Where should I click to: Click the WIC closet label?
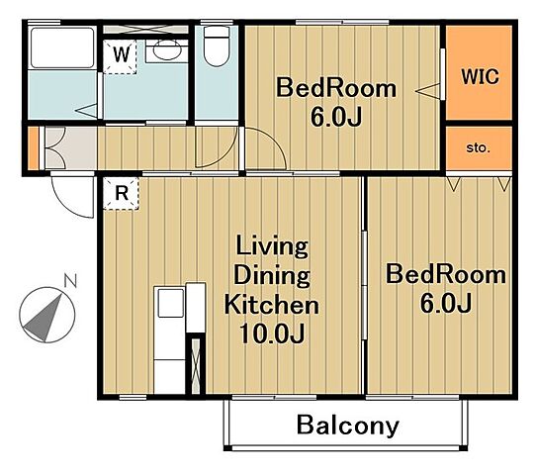[x=480, y=76]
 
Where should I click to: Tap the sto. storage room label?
[x=478, y=148]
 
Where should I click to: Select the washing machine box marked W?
[x=120, y=56]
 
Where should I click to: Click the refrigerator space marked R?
[x=121, y=193]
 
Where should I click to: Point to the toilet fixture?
[x=217, y=47]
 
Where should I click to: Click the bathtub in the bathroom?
[x=62, y=47]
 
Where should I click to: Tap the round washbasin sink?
[x=167, y=50]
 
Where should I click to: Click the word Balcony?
[x=348, y=426]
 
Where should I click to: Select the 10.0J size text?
[x=272, y=333]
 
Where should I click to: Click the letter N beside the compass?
[x=70, y=281]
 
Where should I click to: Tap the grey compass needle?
[x=44, y=319]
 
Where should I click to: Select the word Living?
[x=272, y=246]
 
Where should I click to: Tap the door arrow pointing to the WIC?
[x=427, y=91]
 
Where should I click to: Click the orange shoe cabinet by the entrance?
[x=33, y=147]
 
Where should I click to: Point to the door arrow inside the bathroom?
[x=86, y=111]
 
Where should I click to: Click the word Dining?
[x=272, y=276]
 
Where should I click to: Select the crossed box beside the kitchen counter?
[x=196, y=365]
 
